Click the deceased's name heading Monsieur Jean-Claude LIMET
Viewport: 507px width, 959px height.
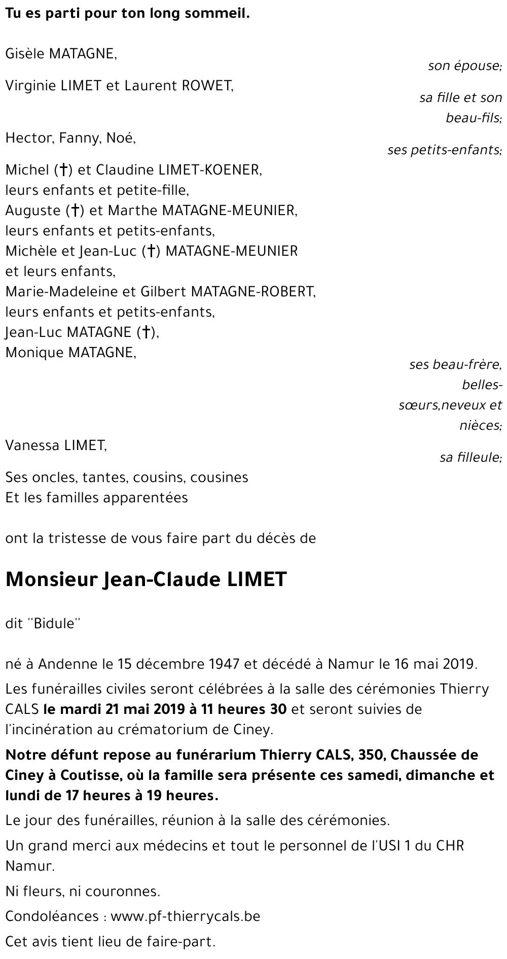(146, 579)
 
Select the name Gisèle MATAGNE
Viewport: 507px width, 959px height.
(61, 54)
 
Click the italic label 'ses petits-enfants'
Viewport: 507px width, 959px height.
(444, 150)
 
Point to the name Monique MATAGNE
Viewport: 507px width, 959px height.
(70, 353)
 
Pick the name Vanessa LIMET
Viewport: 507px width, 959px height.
(56, 446)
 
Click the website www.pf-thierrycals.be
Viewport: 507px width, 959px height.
(185, 916)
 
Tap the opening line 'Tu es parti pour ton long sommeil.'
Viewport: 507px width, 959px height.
(127, 14)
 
